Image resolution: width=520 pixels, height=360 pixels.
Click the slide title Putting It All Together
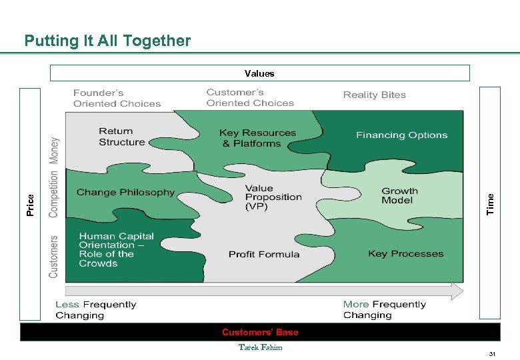(107, 41)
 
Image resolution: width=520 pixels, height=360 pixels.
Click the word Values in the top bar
(259, 73)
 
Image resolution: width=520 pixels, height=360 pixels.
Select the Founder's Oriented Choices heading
(117, 99)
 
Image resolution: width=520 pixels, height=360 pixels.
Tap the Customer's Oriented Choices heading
(250, 98)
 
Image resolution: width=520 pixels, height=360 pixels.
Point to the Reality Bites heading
(375, 95)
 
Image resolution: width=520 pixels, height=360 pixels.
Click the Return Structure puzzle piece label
(121, 137)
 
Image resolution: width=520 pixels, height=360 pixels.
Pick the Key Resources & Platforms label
(257, 138)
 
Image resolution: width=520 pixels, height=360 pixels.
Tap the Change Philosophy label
(125, 193)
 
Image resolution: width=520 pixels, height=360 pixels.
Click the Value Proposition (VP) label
(273, 198)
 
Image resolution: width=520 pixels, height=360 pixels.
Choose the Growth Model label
(399, 195)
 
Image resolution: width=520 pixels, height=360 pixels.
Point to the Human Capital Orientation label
(116, 250)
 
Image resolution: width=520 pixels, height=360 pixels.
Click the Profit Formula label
(264, 255)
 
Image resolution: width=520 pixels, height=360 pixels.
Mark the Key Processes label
(405, 254)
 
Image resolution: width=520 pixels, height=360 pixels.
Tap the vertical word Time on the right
(491, 203)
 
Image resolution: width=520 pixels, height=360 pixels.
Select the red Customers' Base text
(260, 332)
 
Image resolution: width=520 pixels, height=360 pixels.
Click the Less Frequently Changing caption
(95, 310)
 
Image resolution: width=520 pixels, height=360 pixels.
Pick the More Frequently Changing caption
(384, 310)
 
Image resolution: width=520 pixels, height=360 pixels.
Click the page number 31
(492, 353)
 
